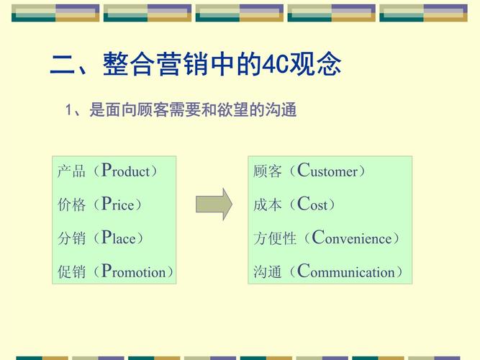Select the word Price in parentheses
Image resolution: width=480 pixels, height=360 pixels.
[117, 204]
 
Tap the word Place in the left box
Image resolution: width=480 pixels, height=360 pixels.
[118, 238]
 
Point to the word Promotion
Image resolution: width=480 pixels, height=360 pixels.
[133, 272]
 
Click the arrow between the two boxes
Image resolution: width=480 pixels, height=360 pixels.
[214, 204]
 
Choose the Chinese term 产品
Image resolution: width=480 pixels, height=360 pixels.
[71, 171]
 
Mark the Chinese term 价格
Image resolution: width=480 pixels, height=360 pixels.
[71, 204]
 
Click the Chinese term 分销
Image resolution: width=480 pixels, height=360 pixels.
[71, 238]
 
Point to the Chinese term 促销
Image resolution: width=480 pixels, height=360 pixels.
[71, 272]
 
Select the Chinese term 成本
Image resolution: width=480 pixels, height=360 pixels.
[267, 204]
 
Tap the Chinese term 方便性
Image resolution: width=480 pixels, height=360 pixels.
[274, 238]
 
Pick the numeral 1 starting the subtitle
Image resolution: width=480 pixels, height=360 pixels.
[69, 111]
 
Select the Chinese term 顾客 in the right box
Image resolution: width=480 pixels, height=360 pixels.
[267, 171]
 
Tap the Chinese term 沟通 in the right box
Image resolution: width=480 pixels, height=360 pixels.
[267, 272]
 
